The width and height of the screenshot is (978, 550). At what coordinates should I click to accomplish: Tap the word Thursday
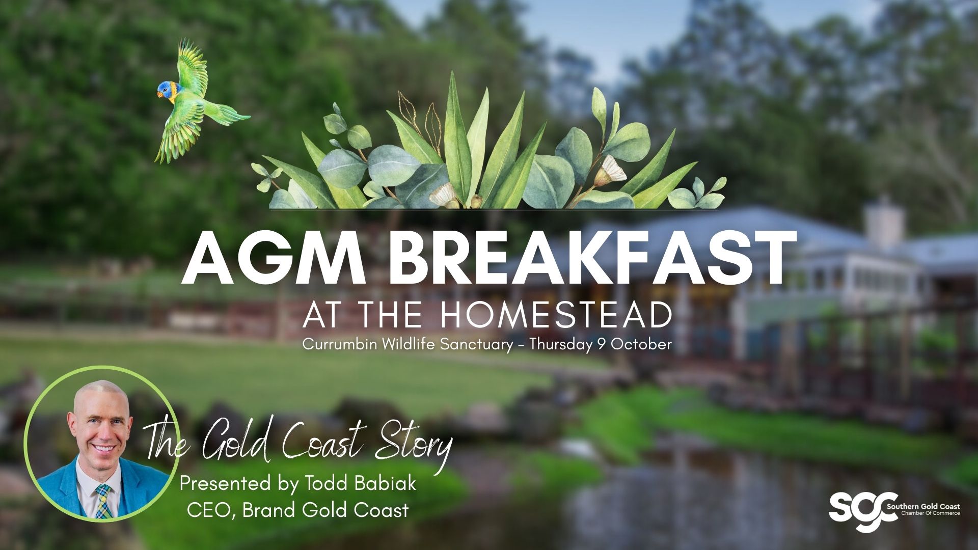[559, 344]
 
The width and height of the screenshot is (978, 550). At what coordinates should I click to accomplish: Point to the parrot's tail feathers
[232, 116]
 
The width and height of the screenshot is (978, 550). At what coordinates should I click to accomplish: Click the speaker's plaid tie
[103, 501]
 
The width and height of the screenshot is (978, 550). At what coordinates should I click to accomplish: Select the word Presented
[219, 483]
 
